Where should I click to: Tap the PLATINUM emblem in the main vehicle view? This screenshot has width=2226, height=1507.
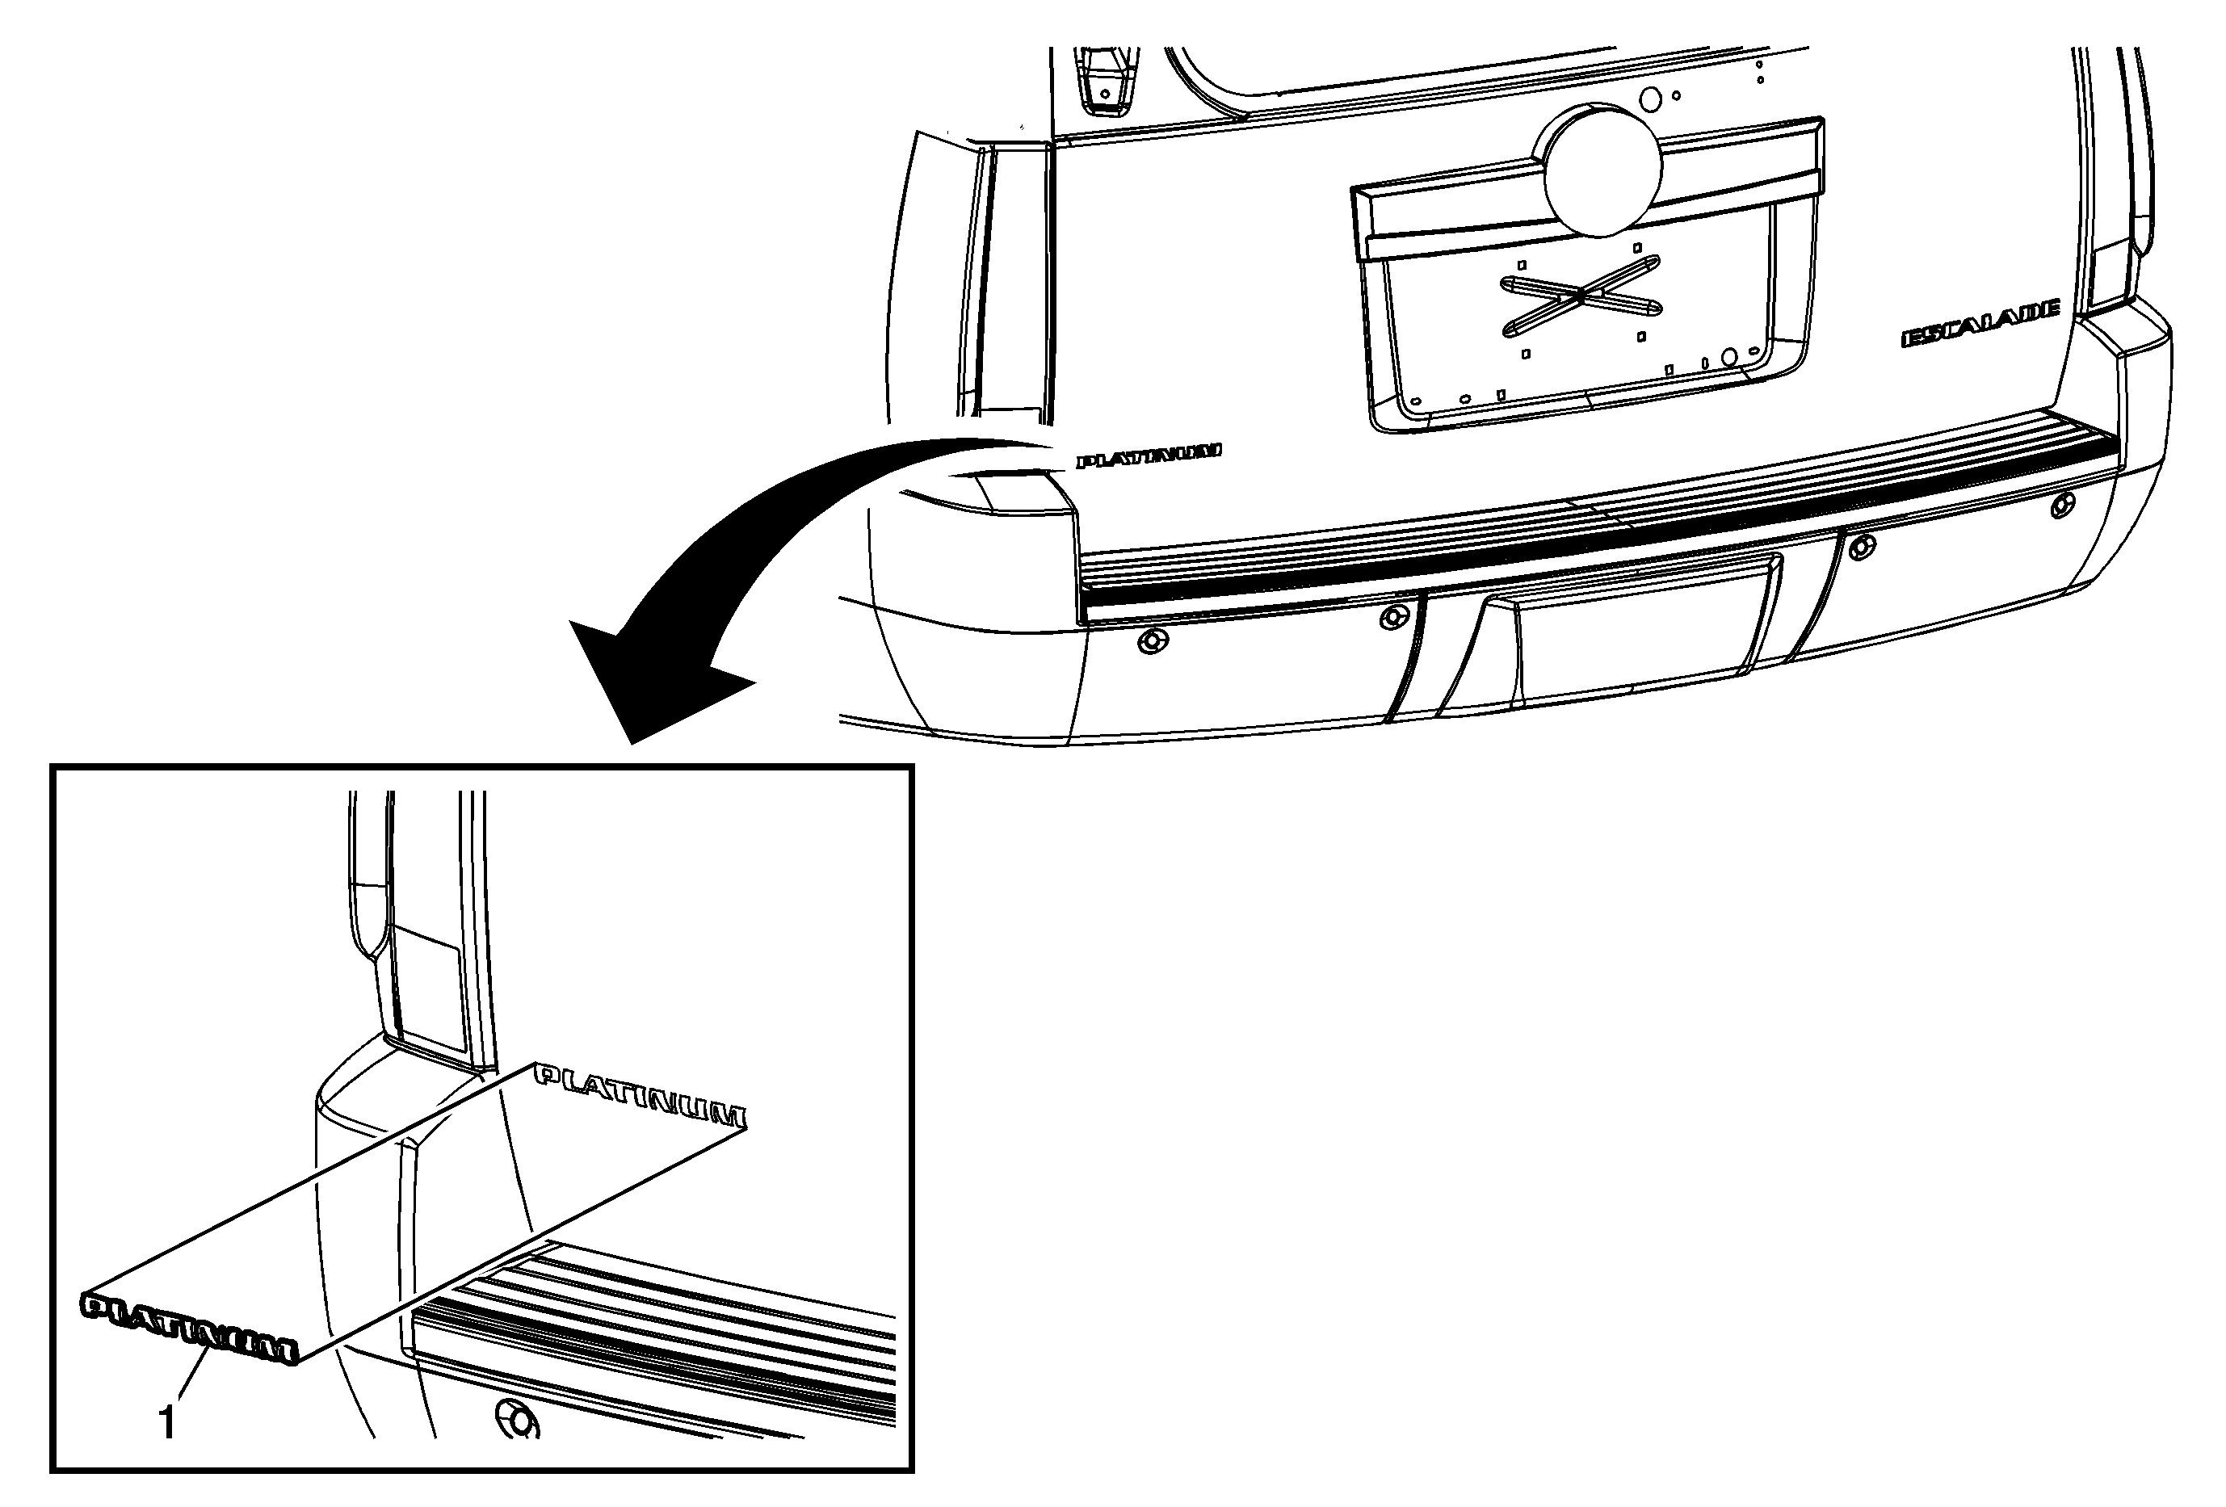pos(1149,455)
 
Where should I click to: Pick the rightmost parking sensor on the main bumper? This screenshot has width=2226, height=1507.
pos(2062,506)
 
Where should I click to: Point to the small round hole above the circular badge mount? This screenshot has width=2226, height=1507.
pos(1649,99)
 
